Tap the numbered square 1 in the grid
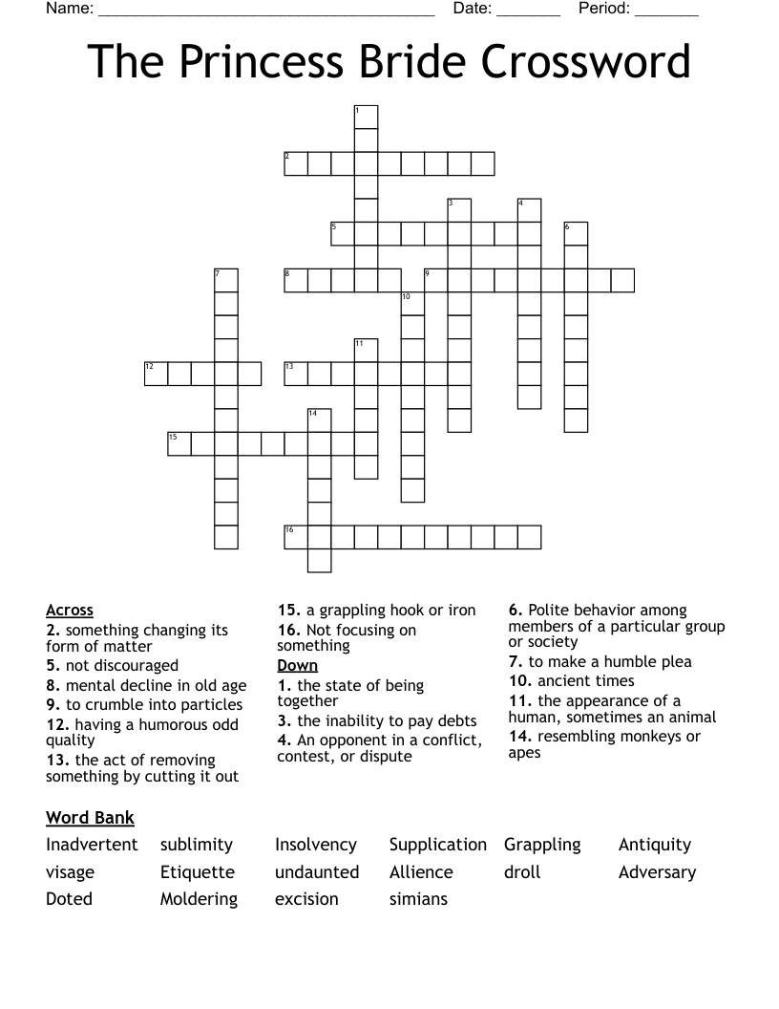coord(367,117)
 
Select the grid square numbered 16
coord(296,536)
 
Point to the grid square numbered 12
coord(156,373)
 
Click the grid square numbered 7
coord(226,280)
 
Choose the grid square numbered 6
coord(576,233)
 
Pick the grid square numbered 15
coord(179,443)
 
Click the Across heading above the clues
coord(70,611)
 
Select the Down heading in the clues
coord(298,666)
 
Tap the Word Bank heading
coord(90,818)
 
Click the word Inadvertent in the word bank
coord(92,845)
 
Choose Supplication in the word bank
coord(438,845)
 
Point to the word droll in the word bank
coord(522,872)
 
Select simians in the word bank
coord(418,899)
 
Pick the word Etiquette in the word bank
coord(198,872)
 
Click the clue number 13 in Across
coord(56,761)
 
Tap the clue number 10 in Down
coord(519,681)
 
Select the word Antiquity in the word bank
coord(655,845)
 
